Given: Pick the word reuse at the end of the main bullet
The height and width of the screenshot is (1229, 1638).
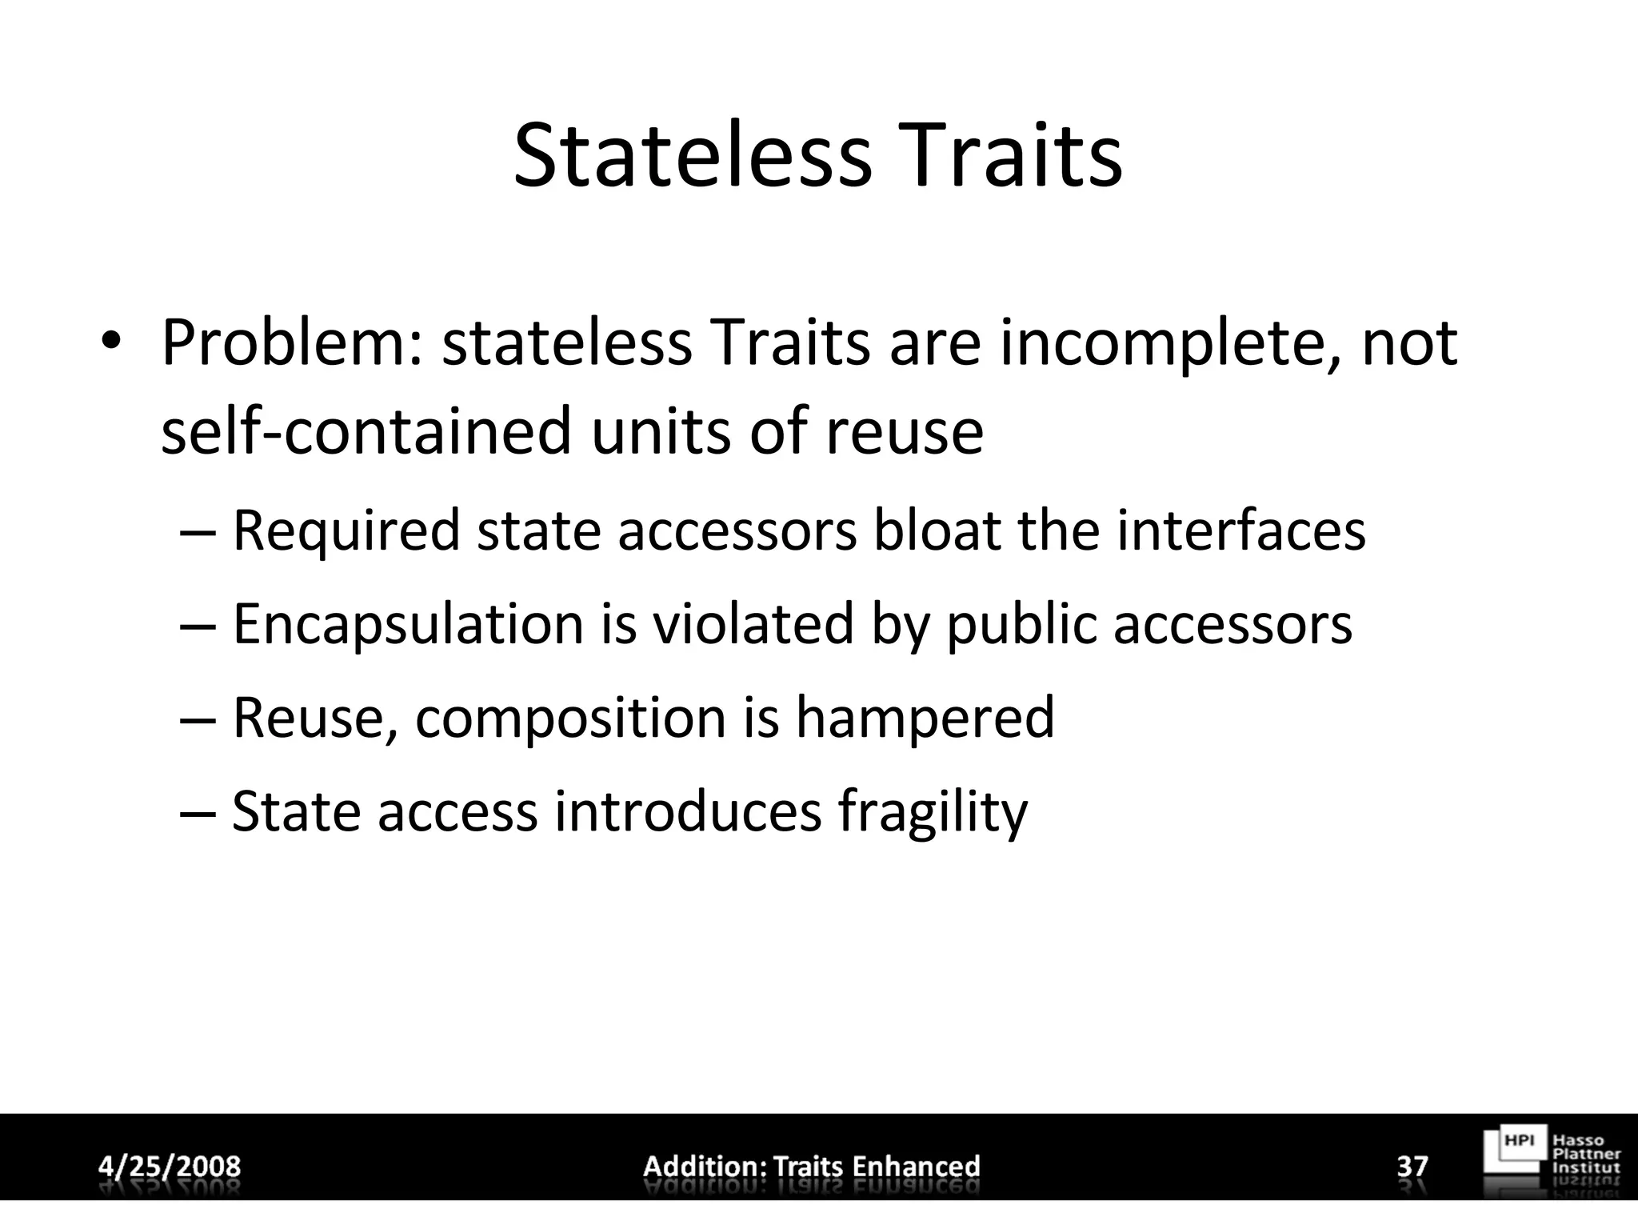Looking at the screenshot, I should (905, 432).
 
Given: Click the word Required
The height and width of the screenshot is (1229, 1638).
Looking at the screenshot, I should (346, 532).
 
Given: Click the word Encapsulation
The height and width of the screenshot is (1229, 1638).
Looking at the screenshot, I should (408, 625).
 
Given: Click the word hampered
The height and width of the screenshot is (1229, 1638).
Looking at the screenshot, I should (925, 718).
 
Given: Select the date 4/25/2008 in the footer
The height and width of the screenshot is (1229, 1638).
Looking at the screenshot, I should (170, 1166).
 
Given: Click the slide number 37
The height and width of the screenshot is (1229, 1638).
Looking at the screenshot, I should (1412, 1166).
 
